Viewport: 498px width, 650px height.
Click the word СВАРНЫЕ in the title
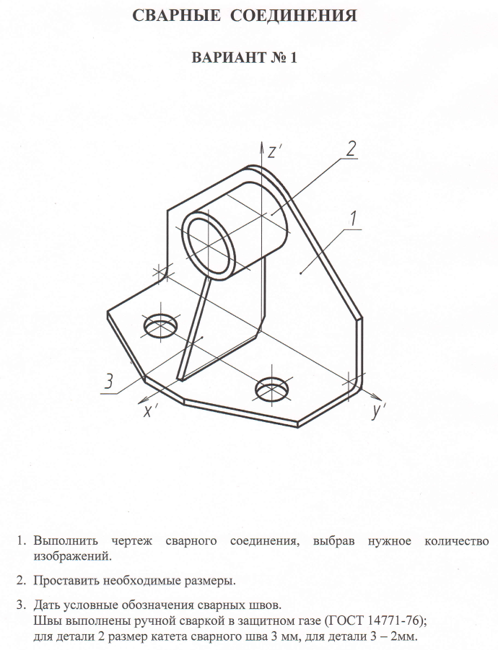177,16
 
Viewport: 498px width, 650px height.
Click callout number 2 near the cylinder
351,149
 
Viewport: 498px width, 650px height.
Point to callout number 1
353,219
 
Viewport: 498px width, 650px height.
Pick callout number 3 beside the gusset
108,381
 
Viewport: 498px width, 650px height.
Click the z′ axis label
275,152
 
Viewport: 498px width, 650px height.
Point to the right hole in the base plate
272,390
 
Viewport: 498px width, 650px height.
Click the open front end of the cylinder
209,245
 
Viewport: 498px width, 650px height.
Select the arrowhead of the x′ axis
143,400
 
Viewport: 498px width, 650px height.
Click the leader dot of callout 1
300,273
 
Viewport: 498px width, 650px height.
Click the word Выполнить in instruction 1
66,540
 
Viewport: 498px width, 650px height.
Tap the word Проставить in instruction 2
66,580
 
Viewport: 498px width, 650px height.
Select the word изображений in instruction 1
73,555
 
